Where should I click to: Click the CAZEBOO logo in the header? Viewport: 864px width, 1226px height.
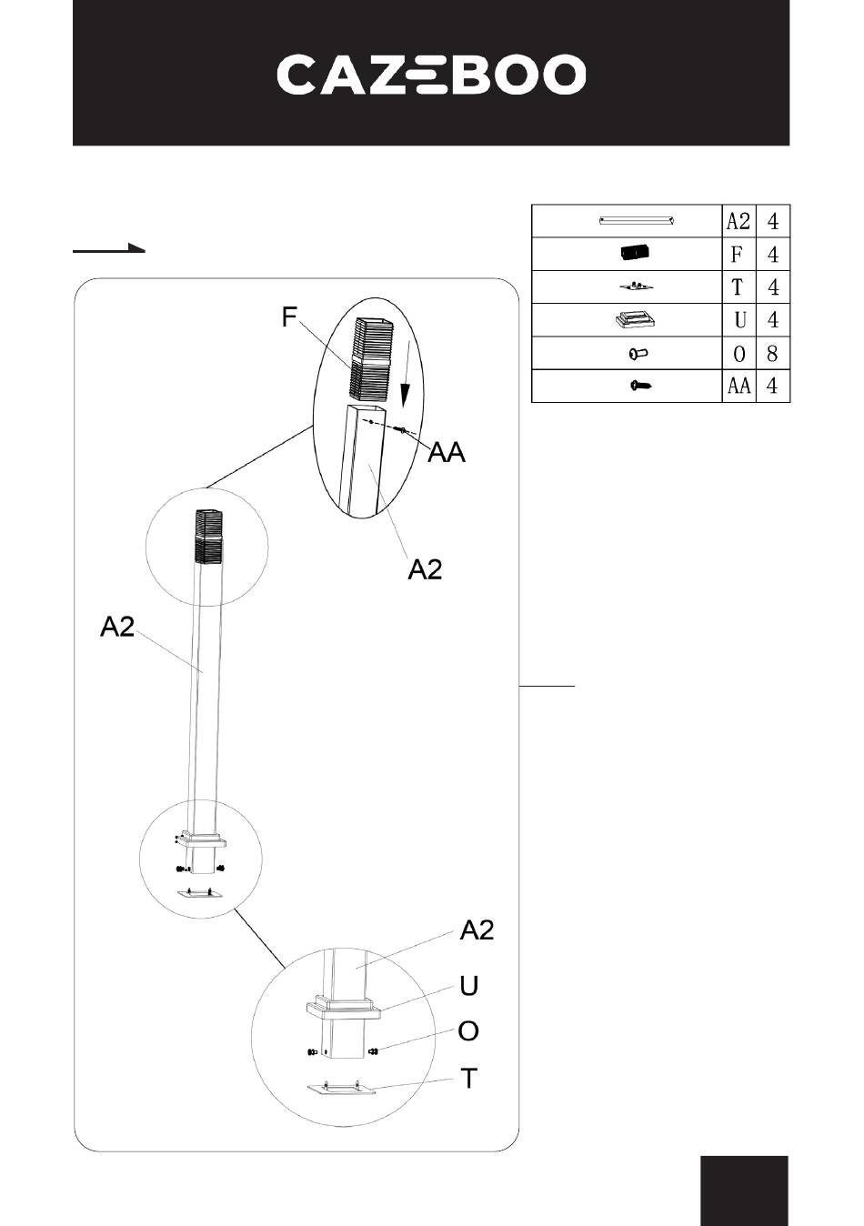(431, 74)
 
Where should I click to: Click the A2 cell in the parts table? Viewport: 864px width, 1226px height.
(738, 222)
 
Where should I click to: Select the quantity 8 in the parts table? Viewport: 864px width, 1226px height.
(772, 354)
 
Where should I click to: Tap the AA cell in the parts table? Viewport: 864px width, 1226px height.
(738, 386)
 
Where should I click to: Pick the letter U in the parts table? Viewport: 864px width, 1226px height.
(738, 320)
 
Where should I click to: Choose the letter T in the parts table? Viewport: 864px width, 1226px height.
(737, 286)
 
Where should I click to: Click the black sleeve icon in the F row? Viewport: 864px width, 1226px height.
(636, 254)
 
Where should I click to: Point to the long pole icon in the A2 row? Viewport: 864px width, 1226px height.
(637, 221)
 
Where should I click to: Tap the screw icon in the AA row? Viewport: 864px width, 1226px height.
(641, 386)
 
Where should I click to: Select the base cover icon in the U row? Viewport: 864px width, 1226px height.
(636, 319)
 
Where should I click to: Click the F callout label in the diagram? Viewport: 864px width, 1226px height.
(289, 317)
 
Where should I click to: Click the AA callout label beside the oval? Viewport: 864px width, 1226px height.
(447, 453)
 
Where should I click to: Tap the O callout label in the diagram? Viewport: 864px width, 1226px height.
(468, 1031)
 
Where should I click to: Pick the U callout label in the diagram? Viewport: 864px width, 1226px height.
(469, 986)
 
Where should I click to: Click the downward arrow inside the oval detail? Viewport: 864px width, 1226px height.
(405, 373)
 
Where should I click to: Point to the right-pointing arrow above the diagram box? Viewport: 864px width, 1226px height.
(109, 248)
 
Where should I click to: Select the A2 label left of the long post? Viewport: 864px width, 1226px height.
(117, 627)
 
